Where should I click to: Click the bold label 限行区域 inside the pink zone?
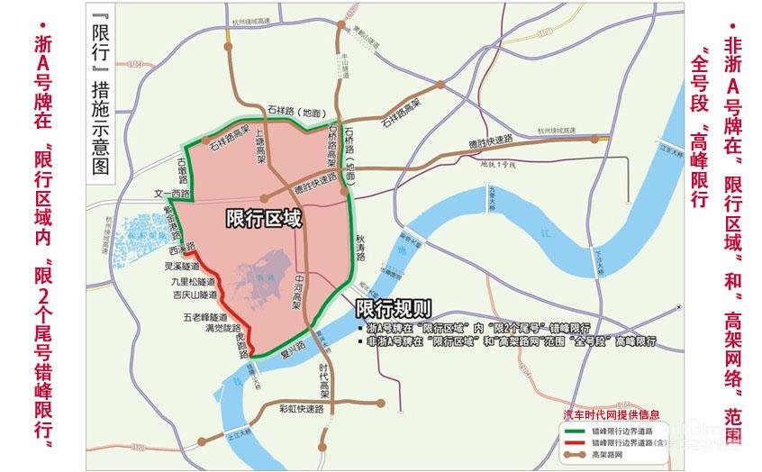click(x=264, y=218)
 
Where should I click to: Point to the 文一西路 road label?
click(x=171, y=194)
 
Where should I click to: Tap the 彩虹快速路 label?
click(x=301, y=409)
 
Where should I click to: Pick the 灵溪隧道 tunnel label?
click(x=182, y=267)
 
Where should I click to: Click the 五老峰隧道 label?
click(x=204, y=317)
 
